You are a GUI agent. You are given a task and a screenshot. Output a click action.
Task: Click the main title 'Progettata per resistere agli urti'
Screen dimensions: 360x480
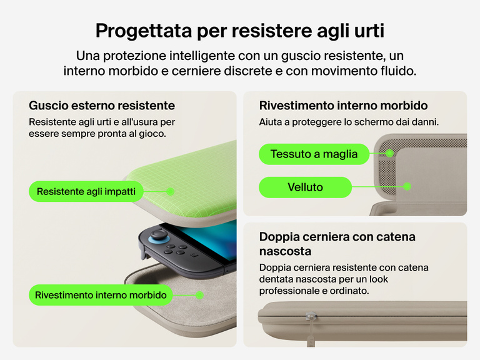[x=239, y=30]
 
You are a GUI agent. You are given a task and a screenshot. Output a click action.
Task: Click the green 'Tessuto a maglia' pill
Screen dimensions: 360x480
[x=314, y=154]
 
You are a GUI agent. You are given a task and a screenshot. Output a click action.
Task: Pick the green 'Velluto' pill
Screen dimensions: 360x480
[x=305, y=187]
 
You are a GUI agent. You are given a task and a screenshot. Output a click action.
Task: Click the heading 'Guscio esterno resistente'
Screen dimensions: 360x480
[x=102, y=106]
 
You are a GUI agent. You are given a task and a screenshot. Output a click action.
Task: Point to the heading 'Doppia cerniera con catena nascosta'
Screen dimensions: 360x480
[x=337, y=244]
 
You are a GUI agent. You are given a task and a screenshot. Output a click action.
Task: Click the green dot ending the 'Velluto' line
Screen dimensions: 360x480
[x=407, y=186]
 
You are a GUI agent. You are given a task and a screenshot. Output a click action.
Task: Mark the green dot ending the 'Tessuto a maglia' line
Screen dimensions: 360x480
[x=390, y=152]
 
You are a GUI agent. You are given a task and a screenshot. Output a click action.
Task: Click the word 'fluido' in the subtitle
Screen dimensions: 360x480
[x=398, y=71]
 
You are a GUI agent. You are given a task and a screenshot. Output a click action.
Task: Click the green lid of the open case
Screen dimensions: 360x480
[x=194, y=181]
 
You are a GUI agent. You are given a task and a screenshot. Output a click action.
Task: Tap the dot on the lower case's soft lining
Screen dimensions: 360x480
[x=199, y=294]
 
